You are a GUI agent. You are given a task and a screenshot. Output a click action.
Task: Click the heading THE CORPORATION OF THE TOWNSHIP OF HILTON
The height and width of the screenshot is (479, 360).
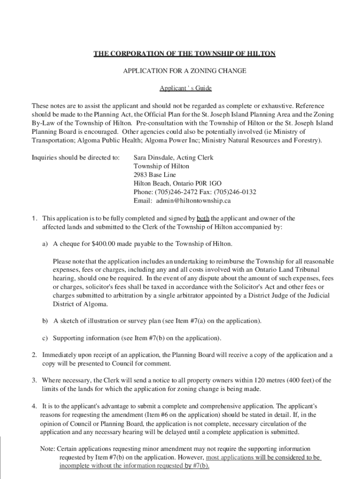pyautogui.click(x=184, y=54)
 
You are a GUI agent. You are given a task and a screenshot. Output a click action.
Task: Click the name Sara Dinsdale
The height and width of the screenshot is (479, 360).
pyautogui.click(x=153, y=158)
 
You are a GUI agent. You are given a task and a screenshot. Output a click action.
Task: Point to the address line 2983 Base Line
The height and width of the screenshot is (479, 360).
pyautogui.click(x=153, y=175)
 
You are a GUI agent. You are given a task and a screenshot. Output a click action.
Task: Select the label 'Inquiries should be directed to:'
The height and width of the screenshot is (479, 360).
pyautogui.click(x=75, y=158)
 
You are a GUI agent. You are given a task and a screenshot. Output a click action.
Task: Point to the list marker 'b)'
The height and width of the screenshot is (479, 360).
pyautogui.click(x=45, y=321)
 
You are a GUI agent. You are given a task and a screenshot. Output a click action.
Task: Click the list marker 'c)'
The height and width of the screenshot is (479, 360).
pyautogui.click(x=45, y=338)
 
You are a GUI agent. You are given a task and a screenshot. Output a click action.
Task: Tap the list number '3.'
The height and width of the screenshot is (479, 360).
pyautogui.click(x=35, y=380)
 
